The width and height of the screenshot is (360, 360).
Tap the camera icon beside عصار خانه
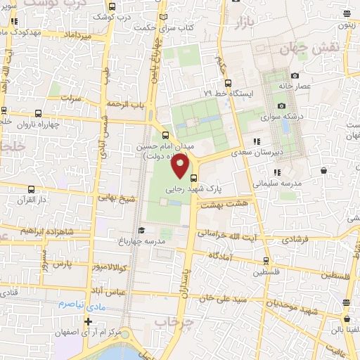pyautogui.click(x=295, y=75)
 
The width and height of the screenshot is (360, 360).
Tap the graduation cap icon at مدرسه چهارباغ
pyautogui.click(x=141, y=230)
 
